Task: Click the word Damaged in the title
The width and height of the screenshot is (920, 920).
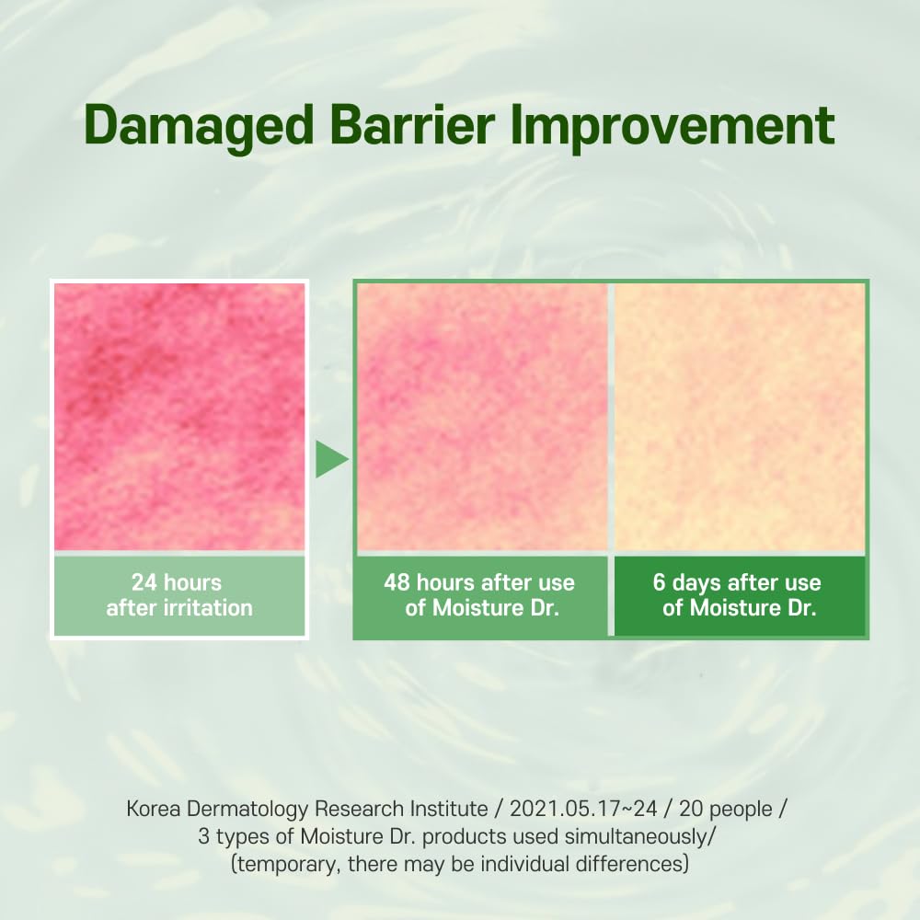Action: click(x=199, y=126)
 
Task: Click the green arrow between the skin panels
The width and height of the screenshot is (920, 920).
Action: click(x=331, y=459)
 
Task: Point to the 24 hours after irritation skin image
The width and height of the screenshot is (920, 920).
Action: click(x=179, y=417)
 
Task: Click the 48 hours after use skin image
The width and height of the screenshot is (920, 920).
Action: click(x=482, y=417)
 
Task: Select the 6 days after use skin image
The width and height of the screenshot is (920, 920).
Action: click(x=740, y=417)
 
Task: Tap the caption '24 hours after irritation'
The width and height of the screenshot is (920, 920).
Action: click(x=179, y=595)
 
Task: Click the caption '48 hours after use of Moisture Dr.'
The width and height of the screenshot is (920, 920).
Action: click(x=480, y=595)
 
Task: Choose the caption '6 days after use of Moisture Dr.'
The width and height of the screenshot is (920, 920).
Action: click(x=738, y=595)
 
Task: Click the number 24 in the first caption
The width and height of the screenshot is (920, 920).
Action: click(x=144, y=582)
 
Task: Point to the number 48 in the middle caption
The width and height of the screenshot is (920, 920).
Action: click(x=397, y=582)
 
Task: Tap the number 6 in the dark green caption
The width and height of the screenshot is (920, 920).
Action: click(x=659, y=582)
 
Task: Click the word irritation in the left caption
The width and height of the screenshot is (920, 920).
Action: click(x=208, y=608)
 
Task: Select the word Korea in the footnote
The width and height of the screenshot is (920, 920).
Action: click(x=153, y=809)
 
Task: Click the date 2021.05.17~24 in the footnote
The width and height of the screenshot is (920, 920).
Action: click(x=583, y=809)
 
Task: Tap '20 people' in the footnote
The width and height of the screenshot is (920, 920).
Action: click(x=726, y=810)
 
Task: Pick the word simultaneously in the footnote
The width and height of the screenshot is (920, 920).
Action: click(x=636, y=837)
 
